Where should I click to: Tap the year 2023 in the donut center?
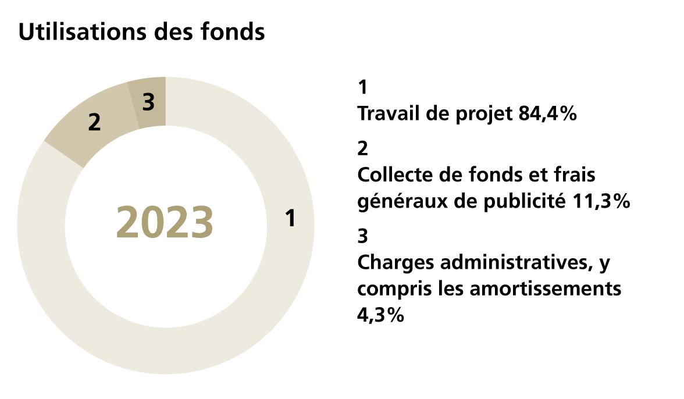(x=165, y=223)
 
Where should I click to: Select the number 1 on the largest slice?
(x=291, y=219)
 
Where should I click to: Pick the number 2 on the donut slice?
(x=94, y=123)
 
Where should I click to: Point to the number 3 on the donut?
(x=148, y=102)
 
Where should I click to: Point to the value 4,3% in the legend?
(x=380, y=316)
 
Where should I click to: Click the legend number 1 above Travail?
(x=362, y=88)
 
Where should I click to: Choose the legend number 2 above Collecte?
(x=363, y=149)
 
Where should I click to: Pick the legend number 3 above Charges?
(x=363, y=237)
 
